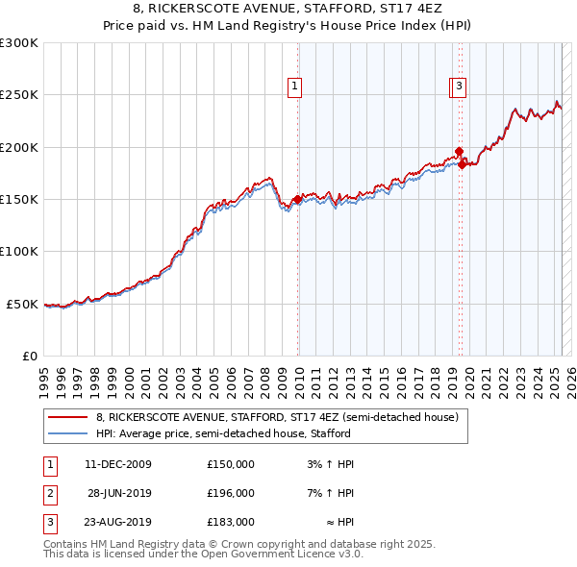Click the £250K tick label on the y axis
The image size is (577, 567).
(x=19, y=95)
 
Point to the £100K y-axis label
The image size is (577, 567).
(x=19, y=252)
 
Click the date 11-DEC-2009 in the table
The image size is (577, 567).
(x=118, y=464)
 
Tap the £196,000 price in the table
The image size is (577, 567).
(x=231, y=493)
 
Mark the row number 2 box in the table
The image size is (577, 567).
(x=49, y=493)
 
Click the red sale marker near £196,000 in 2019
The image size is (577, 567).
(x=460, y=151)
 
